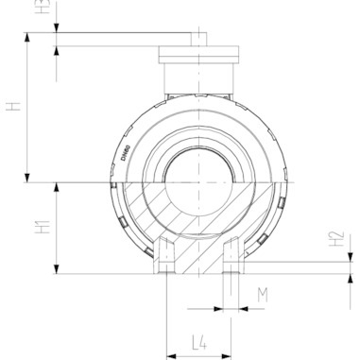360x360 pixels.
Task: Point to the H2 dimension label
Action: coord(337,240)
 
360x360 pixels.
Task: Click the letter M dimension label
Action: coord(263,296)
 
